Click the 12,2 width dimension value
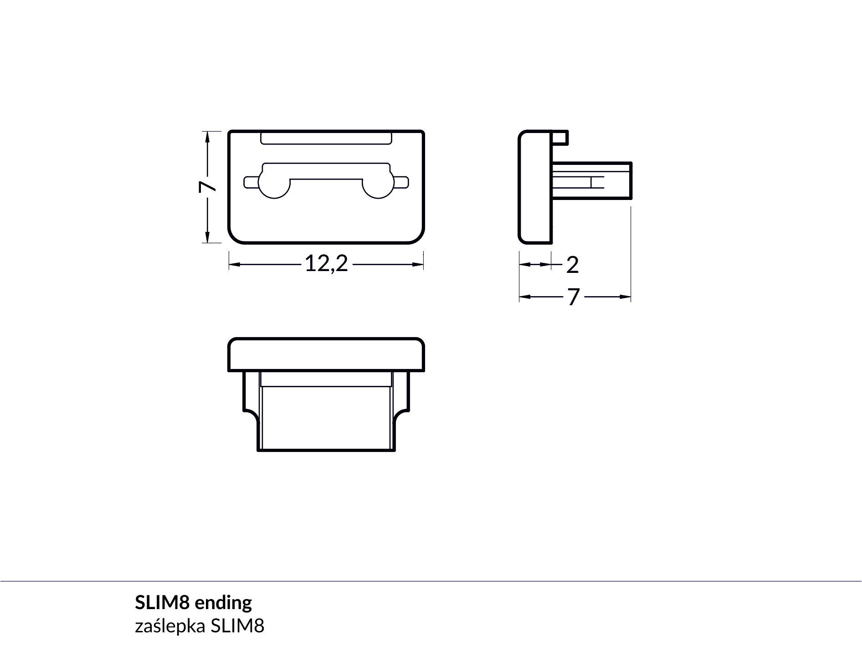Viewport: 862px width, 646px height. click(326, 264)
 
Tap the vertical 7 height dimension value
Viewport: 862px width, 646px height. click(207, 187)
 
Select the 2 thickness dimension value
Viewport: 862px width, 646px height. click(572, 265)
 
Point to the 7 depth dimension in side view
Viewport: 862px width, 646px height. click(573, 297)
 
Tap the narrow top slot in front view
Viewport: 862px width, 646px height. click(326, 138)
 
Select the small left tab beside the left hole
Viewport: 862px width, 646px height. click(251, 182)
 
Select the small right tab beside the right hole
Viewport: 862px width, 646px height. click(401, 182)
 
